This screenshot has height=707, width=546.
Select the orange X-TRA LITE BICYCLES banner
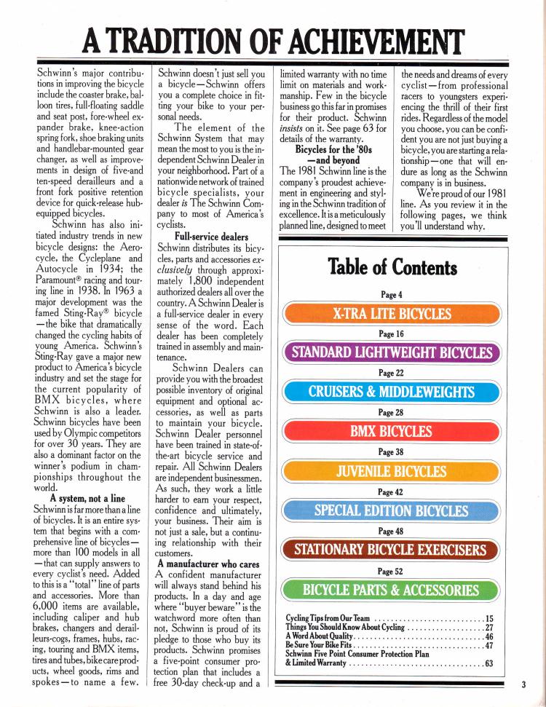pyautogui.click(x=392, y=314)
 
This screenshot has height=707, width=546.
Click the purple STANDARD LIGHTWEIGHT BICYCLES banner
pyautogui.click(x=392, y=353)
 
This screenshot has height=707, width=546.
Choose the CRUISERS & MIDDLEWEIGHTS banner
pyautogui.click(x=392, y=392)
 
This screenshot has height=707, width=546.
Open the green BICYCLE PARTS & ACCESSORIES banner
pyautogui.click(x=392, y=589)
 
